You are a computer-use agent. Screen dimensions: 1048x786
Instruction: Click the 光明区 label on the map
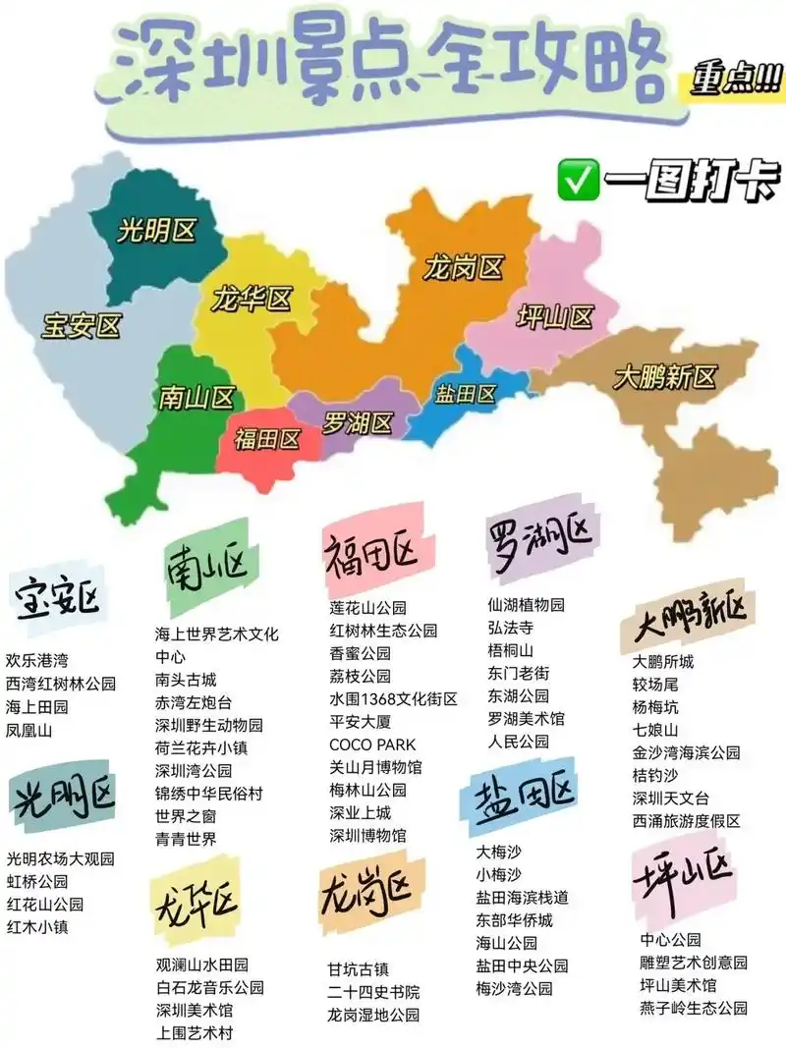click(157, 231)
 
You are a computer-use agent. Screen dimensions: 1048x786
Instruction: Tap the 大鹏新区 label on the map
click(665, 376)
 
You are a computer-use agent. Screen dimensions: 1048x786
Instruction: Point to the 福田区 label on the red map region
click(267, 439)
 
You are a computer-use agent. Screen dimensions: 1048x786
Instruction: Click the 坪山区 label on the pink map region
click(556, 317)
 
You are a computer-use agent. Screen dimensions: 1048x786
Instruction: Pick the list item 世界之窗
click(187, 815)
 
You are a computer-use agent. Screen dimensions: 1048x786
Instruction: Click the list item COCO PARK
click(372, 745)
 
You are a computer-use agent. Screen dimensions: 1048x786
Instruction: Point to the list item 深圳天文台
click(671, 798)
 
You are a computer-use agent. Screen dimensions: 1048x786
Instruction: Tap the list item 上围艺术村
click(195, 1032)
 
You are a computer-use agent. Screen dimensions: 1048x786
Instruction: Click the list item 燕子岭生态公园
click(694, 1008)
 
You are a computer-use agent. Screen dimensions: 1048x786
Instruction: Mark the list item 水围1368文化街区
click(393, 699)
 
